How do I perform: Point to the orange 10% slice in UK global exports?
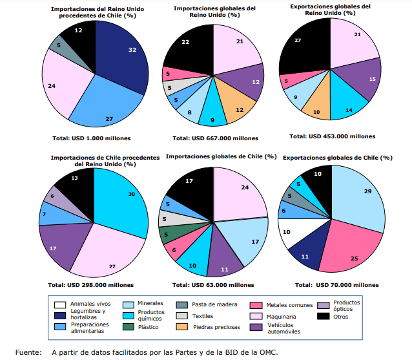click(316, 107)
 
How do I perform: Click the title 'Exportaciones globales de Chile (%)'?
click(337, 158)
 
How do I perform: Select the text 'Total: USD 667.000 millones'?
click(215, 138)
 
